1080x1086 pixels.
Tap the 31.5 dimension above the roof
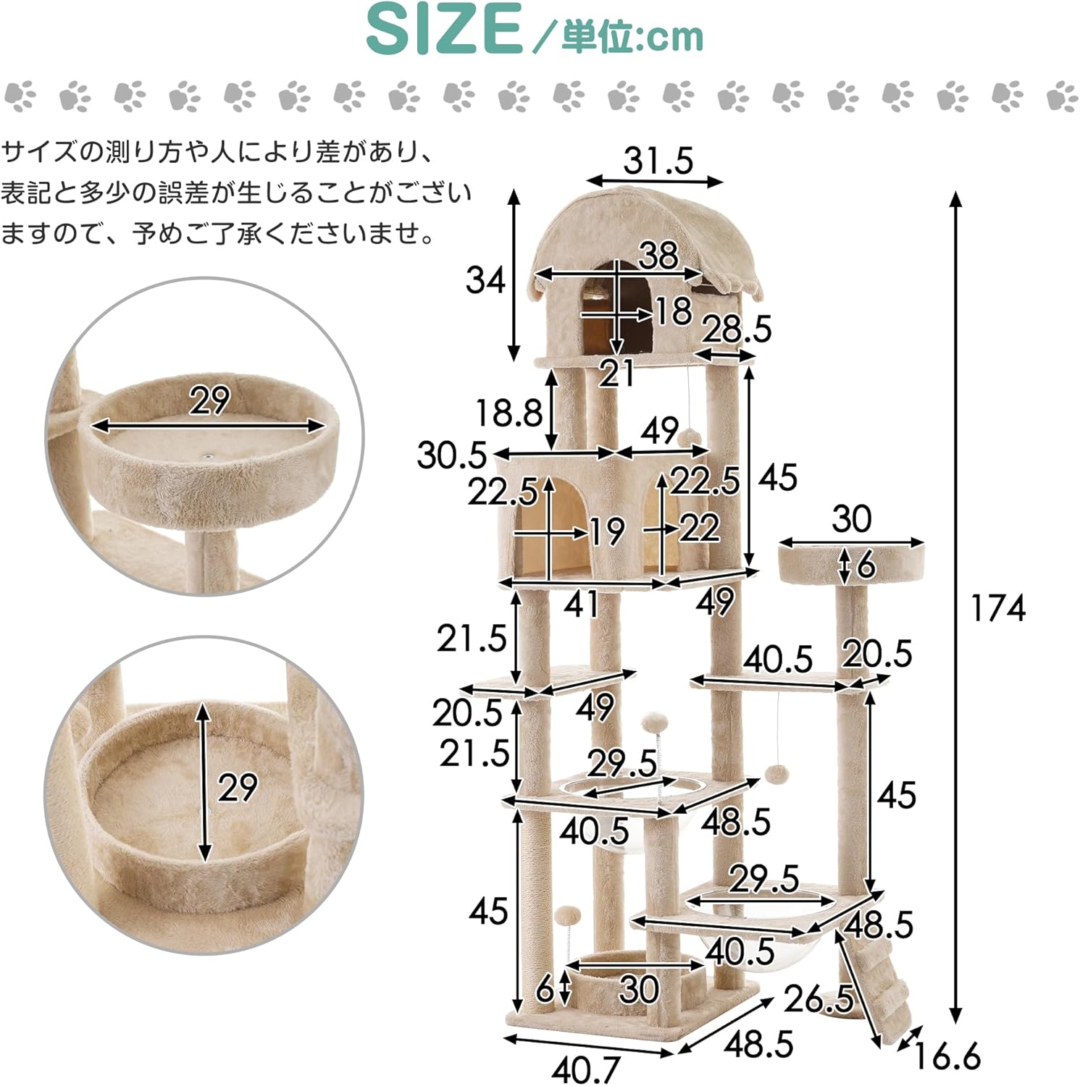click(658, 160)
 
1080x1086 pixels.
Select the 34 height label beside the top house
click(485, 279)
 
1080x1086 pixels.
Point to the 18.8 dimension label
click(508, 413)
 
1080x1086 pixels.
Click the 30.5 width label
click(451, 455)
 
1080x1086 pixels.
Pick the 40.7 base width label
click(586, 1069)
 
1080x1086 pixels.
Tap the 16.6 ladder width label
click(946, 1055)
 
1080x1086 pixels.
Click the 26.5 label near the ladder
click(819, 999)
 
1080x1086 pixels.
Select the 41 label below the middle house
click(581, 604)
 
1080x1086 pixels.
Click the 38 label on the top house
click(658, 255)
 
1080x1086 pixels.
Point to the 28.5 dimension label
click(737, 329)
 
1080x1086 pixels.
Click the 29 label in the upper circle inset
click(209, 400)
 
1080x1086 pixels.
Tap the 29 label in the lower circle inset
click(238, 787)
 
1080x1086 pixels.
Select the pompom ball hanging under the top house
click(690, 436)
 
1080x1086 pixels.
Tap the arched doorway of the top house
click(616, 311)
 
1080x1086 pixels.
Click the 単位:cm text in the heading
click(632, 36)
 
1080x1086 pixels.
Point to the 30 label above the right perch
click(851, 518)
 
